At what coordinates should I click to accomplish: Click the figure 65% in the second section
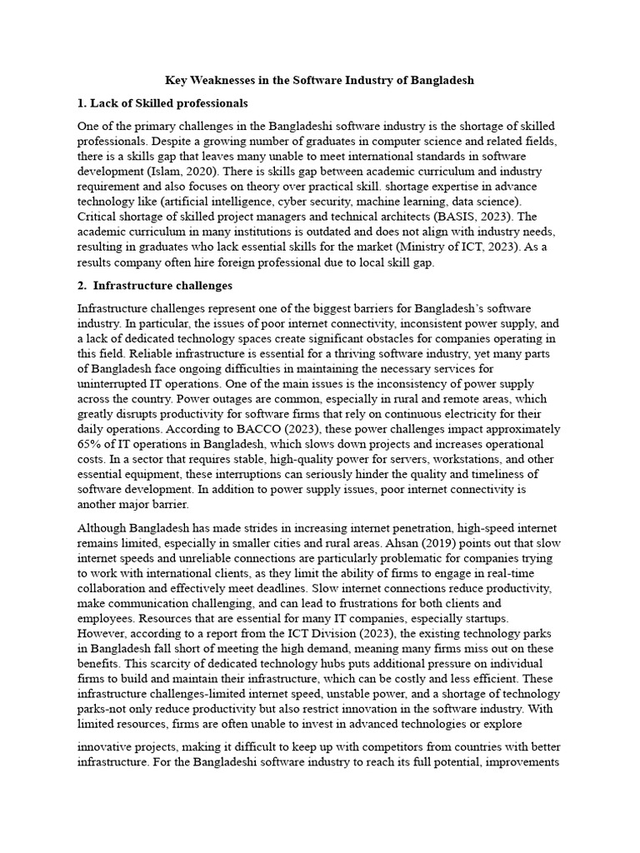click(91, 444)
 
